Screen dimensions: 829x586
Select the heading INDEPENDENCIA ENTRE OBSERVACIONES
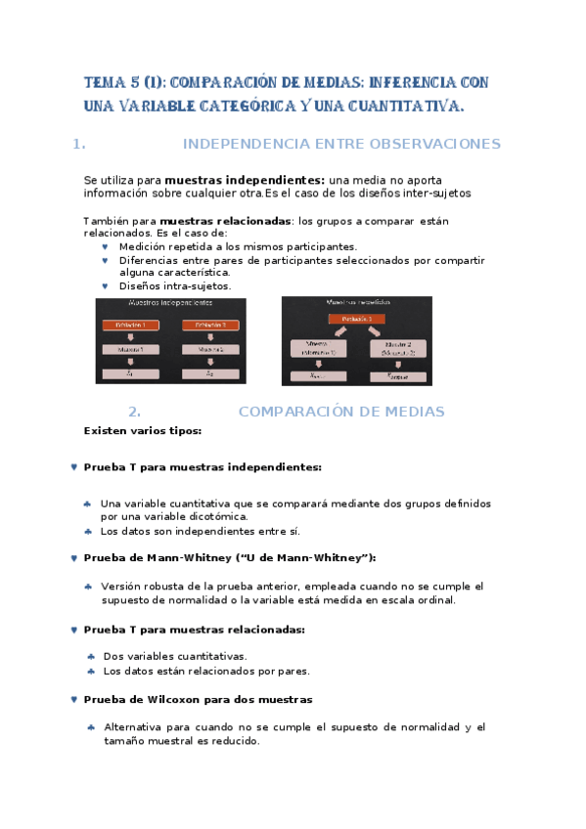(341, 144)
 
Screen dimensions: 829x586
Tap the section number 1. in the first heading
(79, 144)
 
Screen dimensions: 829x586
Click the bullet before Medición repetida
(105, 247)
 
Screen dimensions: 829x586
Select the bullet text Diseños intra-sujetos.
(175, 286)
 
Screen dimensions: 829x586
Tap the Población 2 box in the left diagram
(210, 325)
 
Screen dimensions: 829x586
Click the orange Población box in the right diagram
(356, 320)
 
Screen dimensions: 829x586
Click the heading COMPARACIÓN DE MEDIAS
(341, 412)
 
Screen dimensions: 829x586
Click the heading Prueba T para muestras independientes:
(203, 467)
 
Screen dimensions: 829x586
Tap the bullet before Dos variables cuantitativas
(92, 657)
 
